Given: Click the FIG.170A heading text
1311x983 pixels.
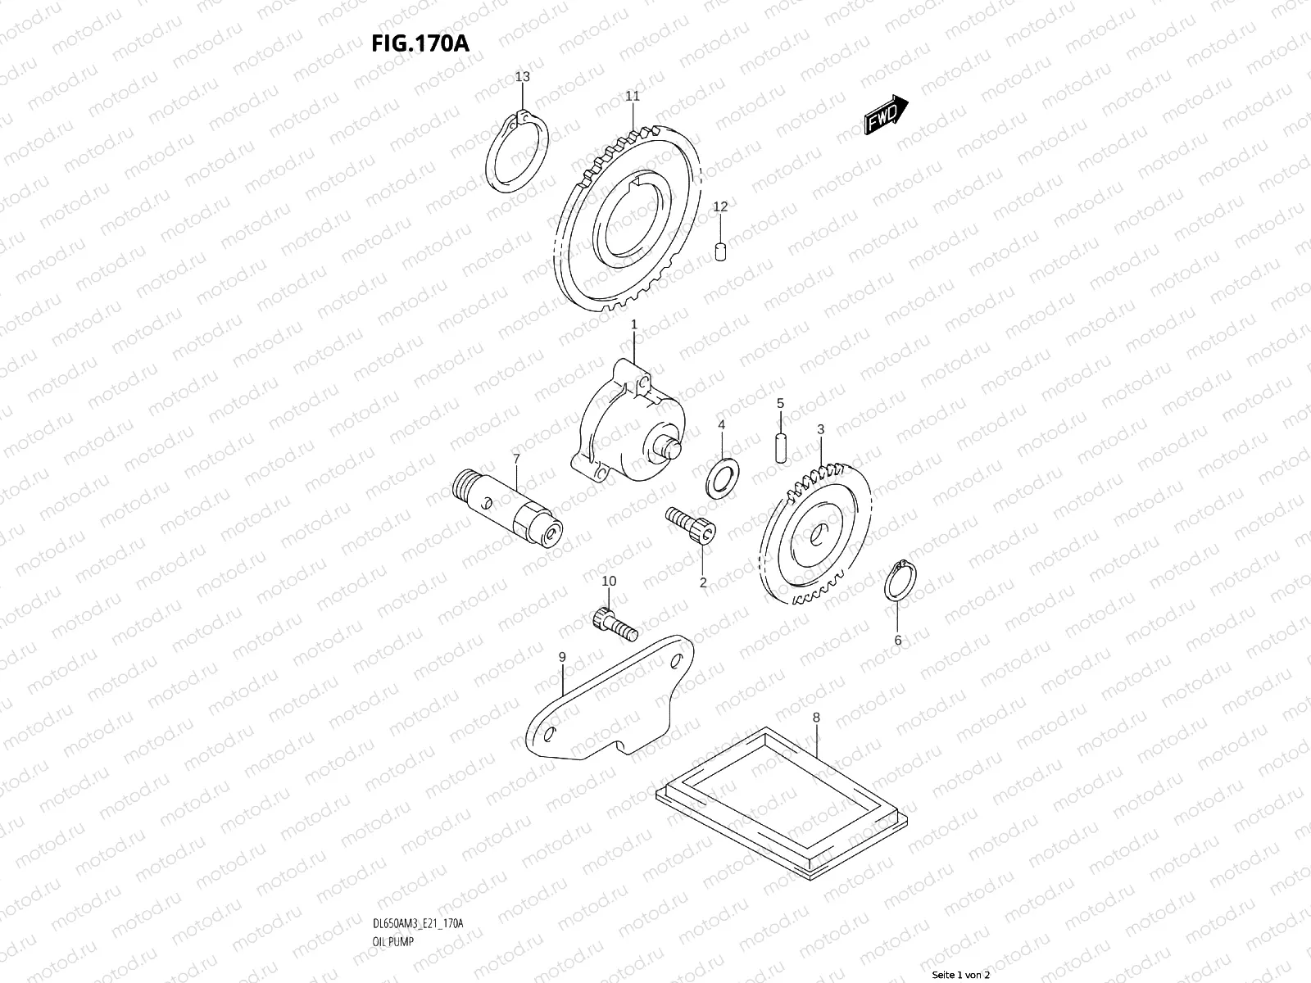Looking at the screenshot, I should pos(420,43).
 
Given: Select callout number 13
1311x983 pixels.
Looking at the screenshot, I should pos(522,77).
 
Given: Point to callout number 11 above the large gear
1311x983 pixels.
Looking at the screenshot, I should pos(632,96).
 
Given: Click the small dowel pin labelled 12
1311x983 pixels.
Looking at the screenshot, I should pos(720,250).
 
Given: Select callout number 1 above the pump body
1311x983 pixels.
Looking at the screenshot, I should pos(633,325).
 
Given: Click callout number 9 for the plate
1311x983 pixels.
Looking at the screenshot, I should pos(562,657).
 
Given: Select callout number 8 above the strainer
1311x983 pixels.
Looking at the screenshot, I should pos(815,718).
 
